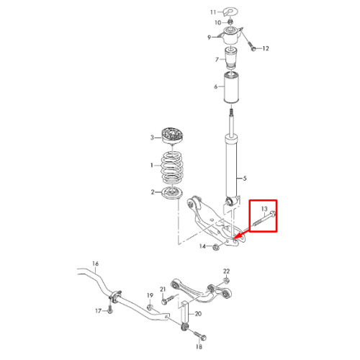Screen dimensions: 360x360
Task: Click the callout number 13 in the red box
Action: pyautogui.click(x=264, y=209)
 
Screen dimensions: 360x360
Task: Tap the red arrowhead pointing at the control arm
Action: pyautogui.click(x=237, y=235)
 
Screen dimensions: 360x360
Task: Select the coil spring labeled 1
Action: pyautogui.click(x=172, y=167)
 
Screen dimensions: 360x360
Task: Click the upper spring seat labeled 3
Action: pyautogui.click(x=172, y=136)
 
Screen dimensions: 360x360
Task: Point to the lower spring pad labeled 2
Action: pyautogui.click(x=172, y=193)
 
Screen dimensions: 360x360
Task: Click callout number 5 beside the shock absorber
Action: pyautogui.click(x=245, y=179)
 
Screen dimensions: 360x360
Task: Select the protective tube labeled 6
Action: pyautogui.click(x=231, y=87)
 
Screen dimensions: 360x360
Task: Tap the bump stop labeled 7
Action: pyautogui.click(x=231, y=58)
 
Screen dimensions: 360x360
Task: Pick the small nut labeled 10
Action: pyautogui.click(x=230, y=22)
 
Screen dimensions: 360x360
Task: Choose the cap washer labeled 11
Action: pyautogui.click(x=230, y=12)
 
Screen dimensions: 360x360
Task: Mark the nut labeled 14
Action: pyautogui.click(x=216, y=247)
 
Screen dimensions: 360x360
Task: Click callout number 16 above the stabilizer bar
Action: pyautogui.click(x=96, y=264)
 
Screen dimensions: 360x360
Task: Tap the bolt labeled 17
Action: pyautogui.click(x=110, y=308)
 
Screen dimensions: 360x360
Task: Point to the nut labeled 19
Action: pyautogui.click(x=150, y=307)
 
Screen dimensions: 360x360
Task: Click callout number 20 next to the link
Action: pyautogui.click(x=198, y=314)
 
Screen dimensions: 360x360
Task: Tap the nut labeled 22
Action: pyautogui.click(x=226, y=281)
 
